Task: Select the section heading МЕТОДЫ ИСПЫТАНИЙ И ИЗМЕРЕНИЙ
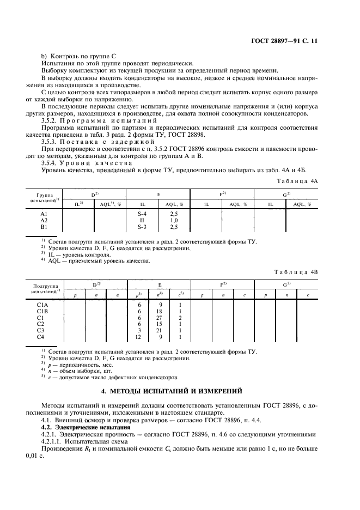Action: pyautogui.click(x=180, y=391)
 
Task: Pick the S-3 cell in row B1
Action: pyautogui.click(x=143, y=226)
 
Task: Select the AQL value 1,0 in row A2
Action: pyautogui.click(x=174, y=220)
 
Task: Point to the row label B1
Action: pyautogui.click(x=45, y=226)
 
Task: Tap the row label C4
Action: pyautogui.click(x=41, y=337)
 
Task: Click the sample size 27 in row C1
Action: pyautogui.click(x=160, y=318)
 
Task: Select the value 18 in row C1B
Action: pyautogui.click(x=160, y=311)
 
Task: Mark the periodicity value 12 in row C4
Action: pyautogui.click(x=138, y=337)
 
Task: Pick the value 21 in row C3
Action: pyautogui.click(x=160, y=331)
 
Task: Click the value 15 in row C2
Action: pyautogui.click(x=160, y=324)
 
